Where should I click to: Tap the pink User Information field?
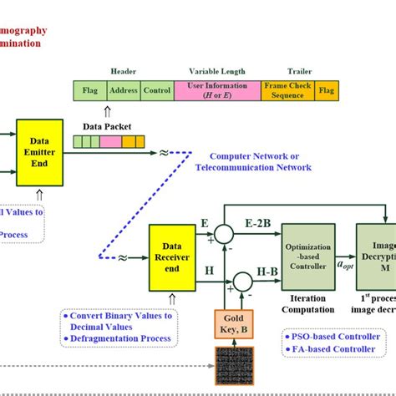pyautogui.click(x=216, y=91)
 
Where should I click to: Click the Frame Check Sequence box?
pyautogui.click(x=287, y=91)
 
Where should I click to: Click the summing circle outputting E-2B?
pyautogui.click(x=224, y=233)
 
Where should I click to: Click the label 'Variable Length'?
pyautogui.click(x=216, y=71)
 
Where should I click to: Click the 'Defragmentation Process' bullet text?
pyautogui.click(x=122, y=338)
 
